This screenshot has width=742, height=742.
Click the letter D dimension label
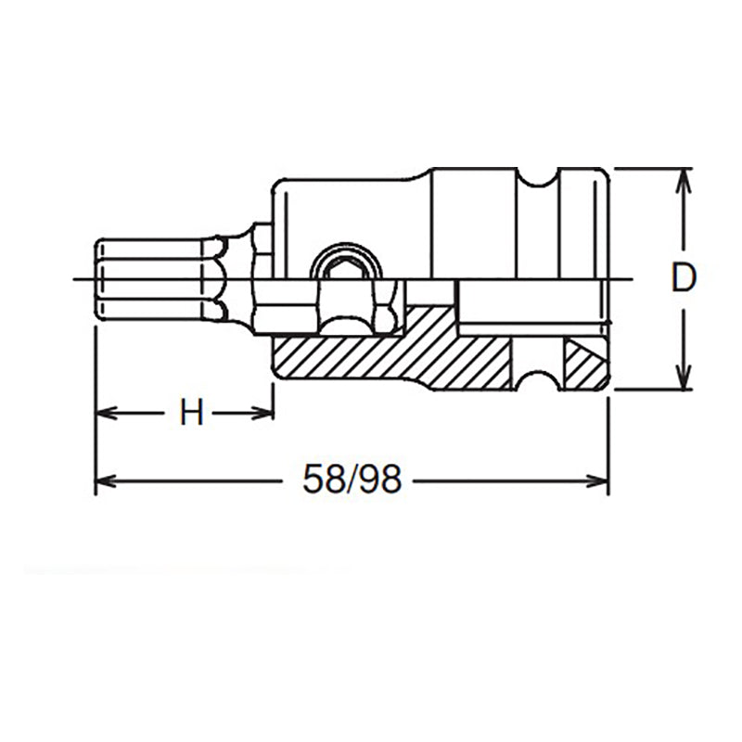pyautogui.click(x=683, y=278)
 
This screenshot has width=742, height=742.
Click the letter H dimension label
pyautogui.click(x=191, y=413)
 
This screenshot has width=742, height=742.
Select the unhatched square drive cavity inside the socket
pyautogui.click(x=529, y=306)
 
